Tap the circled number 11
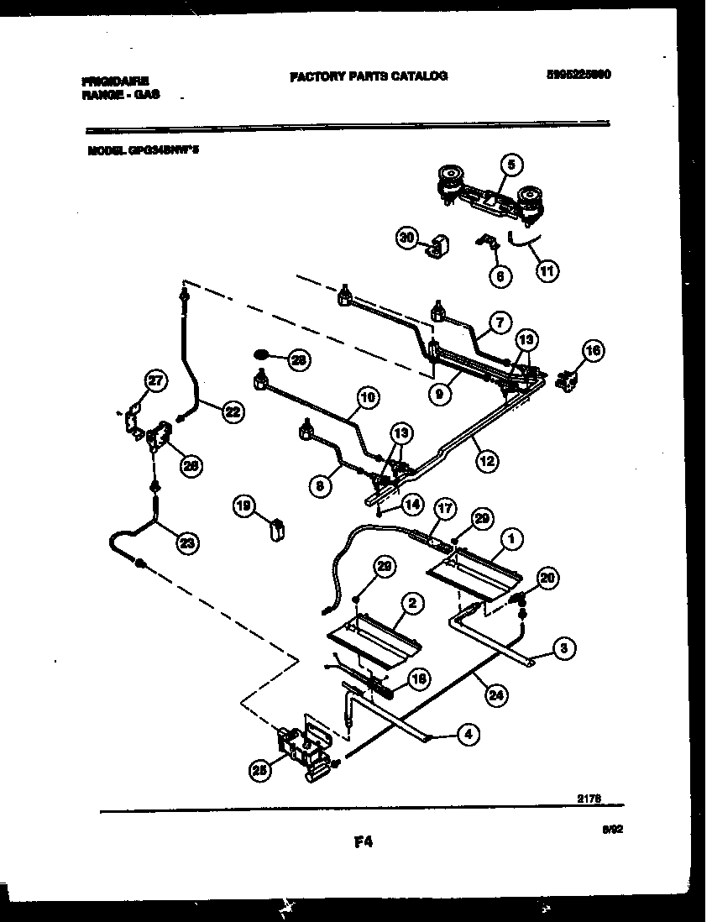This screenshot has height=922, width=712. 547,270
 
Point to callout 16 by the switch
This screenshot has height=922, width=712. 593,352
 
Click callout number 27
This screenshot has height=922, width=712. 155,381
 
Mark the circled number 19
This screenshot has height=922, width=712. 244,506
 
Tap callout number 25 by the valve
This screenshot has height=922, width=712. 259,770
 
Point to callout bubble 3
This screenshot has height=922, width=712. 565,647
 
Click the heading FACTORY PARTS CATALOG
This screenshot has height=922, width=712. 368,76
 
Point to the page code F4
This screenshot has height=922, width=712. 363,842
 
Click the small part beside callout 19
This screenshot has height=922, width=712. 275,531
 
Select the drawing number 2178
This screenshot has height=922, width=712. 589,802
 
